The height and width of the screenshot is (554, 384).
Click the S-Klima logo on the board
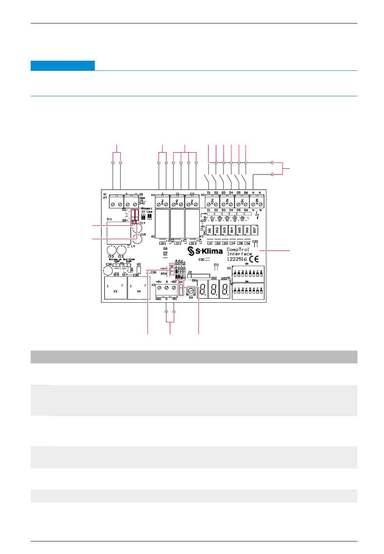[205, 252]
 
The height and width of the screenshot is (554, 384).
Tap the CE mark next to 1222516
[254, 259]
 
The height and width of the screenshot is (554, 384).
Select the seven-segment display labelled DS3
[225, 290]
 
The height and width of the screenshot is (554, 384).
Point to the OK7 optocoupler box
[254, 230]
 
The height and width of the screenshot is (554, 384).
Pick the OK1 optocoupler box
[209, 230]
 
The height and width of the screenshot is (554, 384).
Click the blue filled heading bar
[63, 66]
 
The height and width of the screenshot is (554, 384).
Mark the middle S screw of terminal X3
[167, 287]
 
